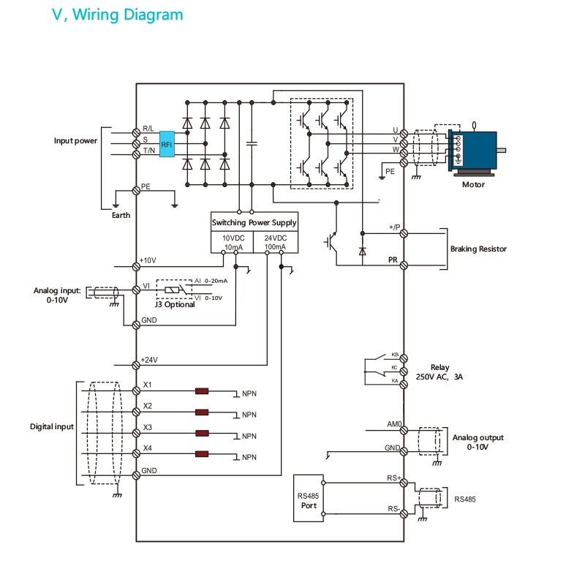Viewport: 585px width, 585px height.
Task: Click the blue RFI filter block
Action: (x=167, y=144)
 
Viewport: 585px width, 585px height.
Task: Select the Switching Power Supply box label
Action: (x=254, y=222)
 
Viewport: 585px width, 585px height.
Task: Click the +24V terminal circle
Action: (x=136, y=364)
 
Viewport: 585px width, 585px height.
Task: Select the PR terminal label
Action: (x=393, y=260)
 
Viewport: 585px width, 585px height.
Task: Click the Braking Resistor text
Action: (x=478, y=249)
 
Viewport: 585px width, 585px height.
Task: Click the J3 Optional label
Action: (x=175, y=304)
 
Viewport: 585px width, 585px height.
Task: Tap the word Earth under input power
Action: (x=121, y=216)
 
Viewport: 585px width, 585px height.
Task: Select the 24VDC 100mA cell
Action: (x=275, y=243)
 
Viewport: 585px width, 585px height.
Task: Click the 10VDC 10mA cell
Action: (x=233, y=243)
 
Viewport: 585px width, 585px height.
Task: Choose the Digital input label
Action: (x=51, y=426)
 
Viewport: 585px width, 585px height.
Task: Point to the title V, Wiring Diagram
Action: (x=117, y=15)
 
